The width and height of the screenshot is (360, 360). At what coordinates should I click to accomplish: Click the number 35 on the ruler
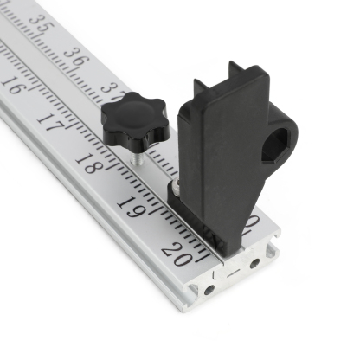39,25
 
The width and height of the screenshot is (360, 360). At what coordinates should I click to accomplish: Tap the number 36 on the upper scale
75,59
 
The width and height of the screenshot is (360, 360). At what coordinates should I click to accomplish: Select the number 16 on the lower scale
12,86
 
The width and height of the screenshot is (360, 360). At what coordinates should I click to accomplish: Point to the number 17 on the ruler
49,123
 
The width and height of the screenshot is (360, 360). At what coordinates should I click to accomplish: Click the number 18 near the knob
88,161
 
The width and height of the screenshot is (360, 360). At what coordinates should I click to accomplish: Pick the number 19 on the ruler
131,208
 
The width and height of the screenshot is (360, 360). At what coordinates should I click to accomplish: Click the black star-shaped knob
135,120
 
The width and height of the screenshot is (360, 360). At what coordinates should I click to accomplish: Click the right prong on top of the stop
235,69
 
